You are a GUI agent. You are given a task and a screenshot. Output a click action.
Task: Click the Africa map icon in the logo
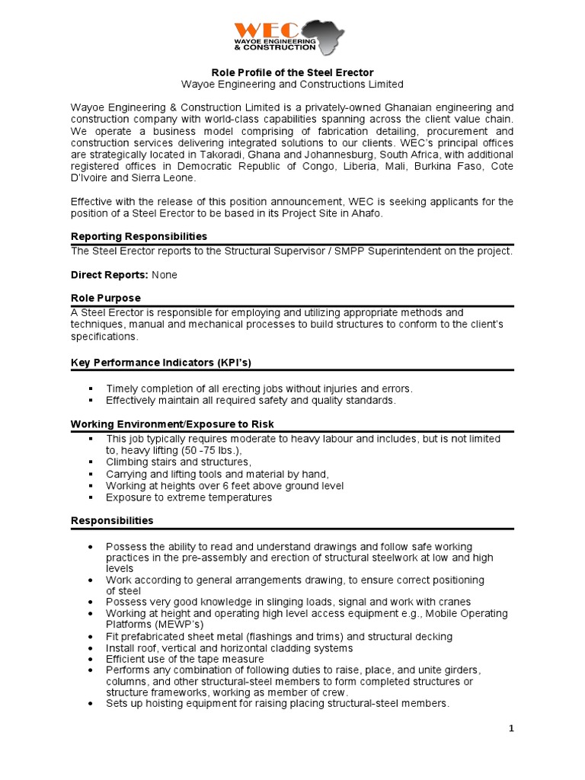(321, 37)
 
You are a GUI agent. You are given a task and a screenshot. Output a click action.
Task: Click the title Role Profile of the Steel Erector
(292, 72)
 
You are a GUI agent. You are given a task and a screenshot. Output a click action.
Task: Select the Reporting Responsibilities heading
(139, 236)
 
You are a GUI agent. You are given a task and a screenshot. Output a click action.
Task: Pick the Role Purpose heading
(105, 298)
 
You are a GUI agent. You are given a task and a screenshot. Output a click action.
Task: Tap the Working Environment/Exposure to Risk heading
(172, 424)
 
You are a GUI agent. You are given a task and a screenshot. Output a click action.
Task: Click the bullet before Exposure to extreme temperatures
(91, 497)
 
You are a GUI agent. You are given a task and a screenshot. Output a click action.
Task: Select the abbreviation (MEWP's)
(182, 625)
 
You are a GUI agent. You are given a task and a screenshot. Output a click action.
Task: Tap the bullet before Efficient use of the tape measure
(91, 659)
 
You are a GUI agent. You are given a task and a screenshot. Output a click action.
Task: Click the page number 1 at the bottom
(511, 729)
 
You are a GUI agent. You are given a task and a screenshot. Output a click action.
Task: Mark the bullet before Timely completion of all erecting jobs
(91, 388)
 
